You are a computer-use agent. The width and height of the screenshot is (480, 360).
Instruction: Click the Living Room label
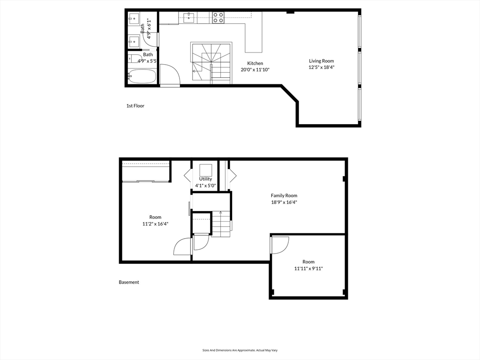321,61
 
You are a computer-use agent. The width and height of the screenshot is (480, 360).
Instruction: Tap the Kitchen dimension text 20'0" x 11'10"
255,70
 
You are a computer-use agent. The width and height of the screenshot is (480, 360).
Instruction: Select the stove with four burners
218,18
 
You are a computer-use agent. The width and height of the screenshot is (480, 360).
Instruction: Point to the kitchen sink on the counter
189,18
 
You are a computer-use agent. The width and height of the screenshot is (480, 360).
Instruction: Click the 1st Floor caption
135,106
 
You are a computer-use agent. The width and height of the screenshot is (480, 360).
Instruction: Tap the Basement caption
129,282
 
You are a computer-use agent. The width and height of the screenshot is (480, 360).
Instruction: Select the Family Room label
284,195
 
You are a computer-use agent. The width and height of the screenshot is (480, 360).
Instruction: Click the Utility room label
205,179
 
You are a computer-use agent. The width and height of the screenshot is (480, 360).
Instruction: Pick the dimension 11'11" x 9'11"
308,269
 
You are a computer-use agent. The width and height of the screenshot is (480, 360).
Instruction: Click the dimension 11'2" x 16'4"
155,224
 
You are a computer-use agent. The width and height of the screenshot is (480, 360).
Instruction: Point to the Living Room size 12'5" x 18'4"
321,67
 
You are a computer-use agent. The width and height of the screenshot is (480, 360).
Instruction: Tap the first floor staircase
211,63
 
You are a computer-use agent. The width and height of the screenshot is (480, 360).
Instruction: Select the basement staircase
221,224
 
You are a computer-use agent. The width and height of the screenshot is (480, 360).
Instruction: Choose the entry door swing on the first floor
169,75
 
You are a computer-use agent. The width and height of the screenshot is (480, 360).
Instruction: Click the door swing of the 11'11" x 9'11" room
279,245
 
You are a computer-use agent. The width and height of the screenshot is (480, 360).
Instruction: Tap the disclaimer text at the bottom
240,350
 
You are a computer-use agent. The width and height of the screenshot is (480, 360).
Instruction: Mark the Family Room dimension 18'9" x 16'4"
284,202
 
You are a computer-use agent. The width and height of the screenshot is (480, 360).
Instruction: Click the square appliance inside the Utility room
205,170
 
